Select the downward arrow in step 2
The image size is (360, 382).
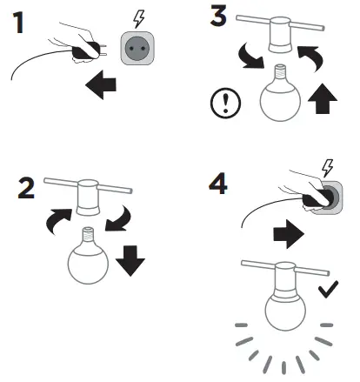click(x=130, y=258)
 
